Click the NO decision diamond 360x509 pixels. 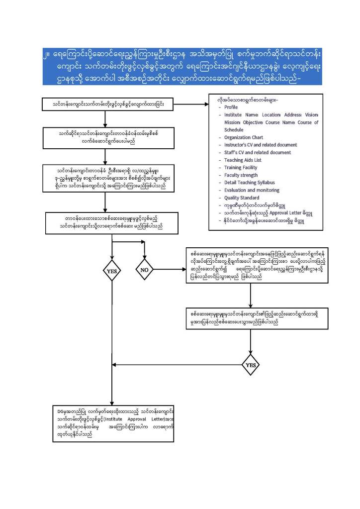(x=145, y=270)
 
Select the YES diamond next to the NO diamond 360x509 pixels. (x=111, y=271)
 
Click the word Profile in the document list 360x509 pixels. (x=231, y=107)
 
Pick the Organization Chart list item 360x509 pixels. (x=244, y=137)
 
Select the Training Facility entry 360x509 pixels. (x=241, y=168)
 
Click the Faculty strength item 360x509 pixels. (x=241, y=175)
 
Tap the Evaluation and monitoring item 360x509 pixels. (x=252, y=190)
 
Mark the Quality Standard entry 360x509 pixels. (x=242, y=198)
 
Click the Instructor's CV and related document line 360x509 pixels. (x=261, y=145)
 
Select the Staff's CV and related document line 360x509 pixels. (x=258, y=152)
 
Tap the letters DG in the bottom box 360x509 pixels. (x=61, y=412)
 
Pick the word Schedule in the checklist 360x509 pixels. (x=234, y=129)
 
